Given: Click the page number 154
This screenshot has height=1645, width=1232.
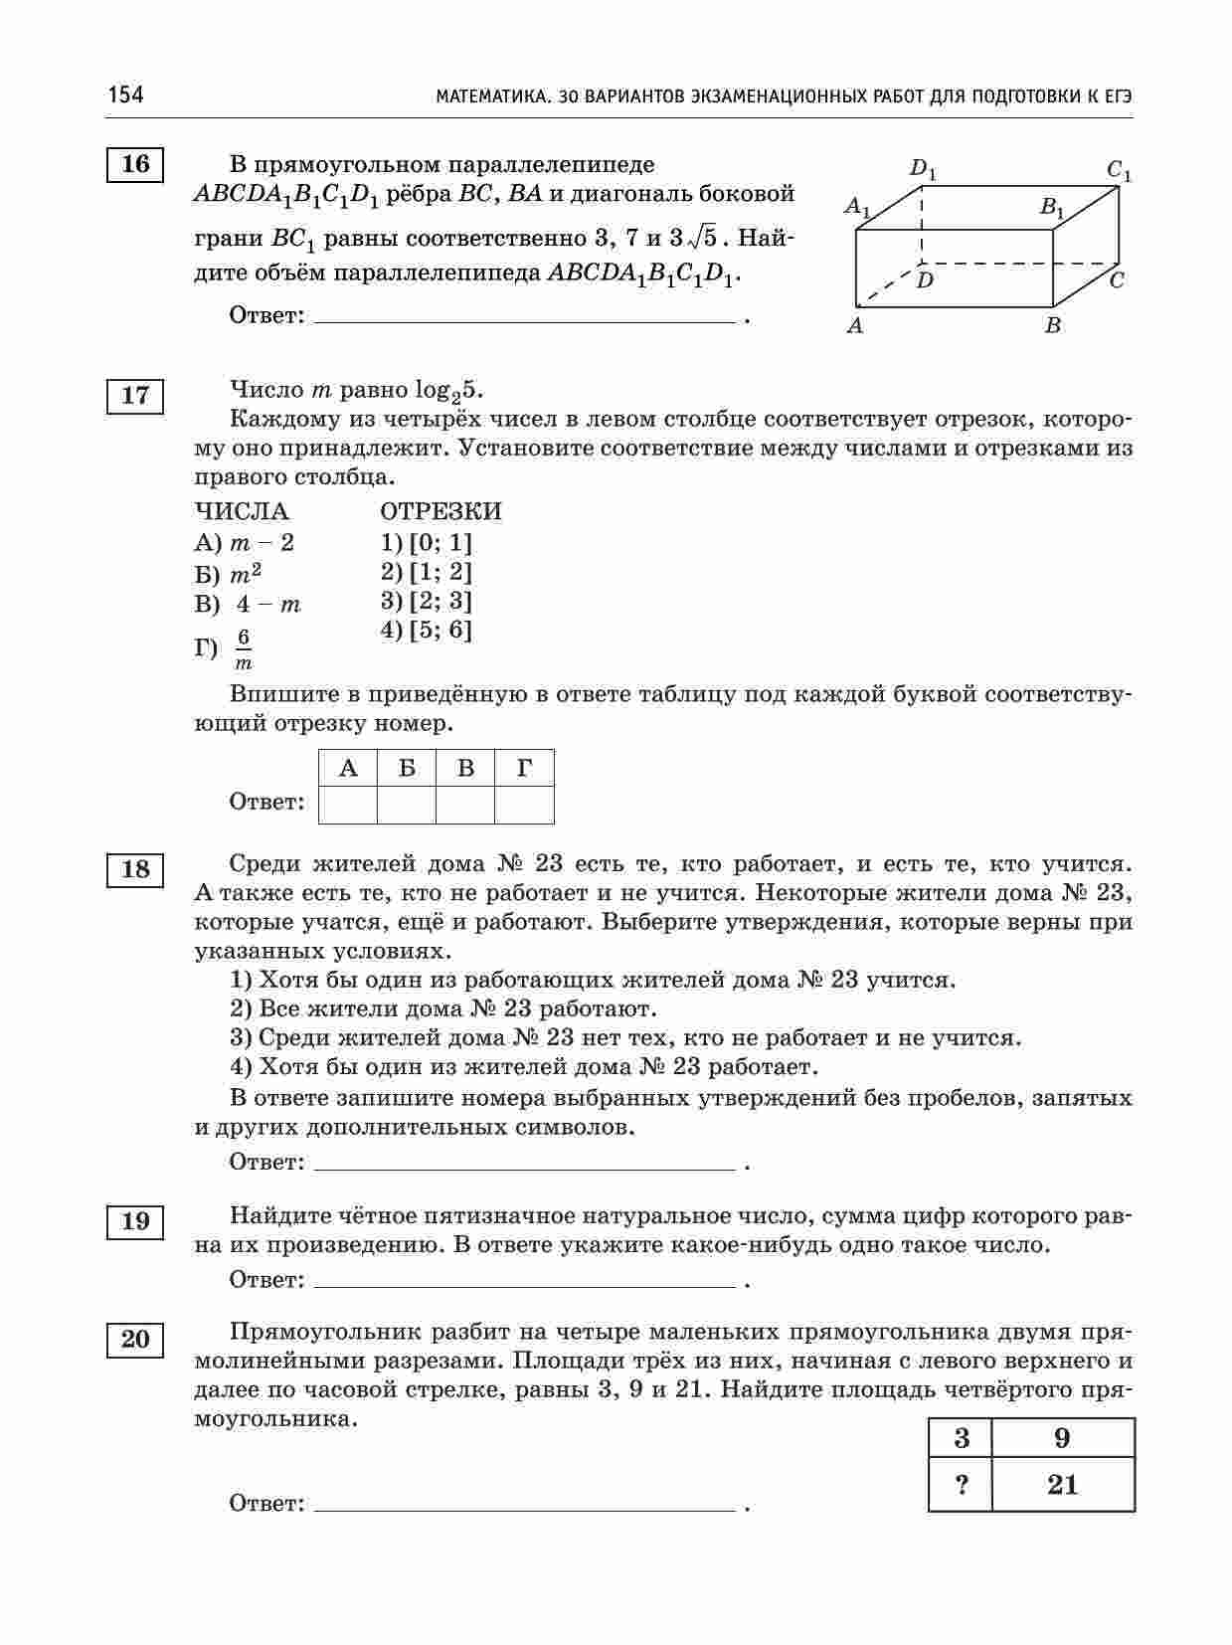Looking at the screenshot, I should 126,94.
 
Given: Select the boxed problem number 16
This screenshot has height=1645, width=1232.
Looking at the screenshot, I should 135,164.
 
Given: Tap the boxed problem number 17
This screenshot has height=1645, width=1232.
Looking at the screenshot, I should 135,396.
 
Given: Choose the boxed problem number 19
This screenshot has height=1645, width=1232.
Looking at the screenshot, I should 135,1221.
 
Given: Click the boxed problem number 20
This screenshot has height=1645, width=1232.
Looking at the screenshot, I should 135,1340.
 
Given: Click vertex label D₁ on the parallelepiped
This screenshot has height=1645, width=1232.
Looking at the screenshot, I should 924,169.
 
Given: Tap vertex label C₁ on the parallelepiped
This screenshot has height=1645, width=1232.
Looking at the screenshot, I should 1120,171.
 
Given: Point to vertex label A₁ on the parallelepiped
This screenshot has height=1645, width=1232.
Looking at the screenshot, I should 857,207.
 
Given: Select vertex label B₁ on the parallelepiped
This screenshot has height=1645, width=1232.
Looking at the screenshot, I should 1052,208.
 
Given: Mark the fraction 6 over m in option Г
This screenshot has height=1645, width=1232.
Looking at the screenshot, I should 244,649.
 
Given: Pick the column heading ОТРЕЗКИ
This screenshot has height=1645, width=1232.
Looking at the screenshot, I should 440,511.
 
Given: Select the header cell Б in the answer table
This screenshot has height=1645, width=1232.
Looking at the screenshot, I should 407,768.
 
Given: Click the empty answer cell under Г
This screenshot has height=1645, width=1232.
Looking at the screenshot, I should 524,804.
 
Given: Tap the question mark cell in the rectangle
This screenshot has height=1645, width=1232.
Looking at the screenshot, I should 961,1486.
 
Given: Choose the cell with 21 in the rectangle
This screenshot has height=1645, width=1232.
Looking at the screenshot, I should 1063,1486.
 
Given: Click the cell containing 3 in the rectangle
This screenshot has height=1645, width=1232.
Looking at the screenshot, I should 961,1438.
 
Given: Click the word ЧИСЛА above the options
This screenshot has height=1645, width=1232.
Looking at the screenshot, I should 242,511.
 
